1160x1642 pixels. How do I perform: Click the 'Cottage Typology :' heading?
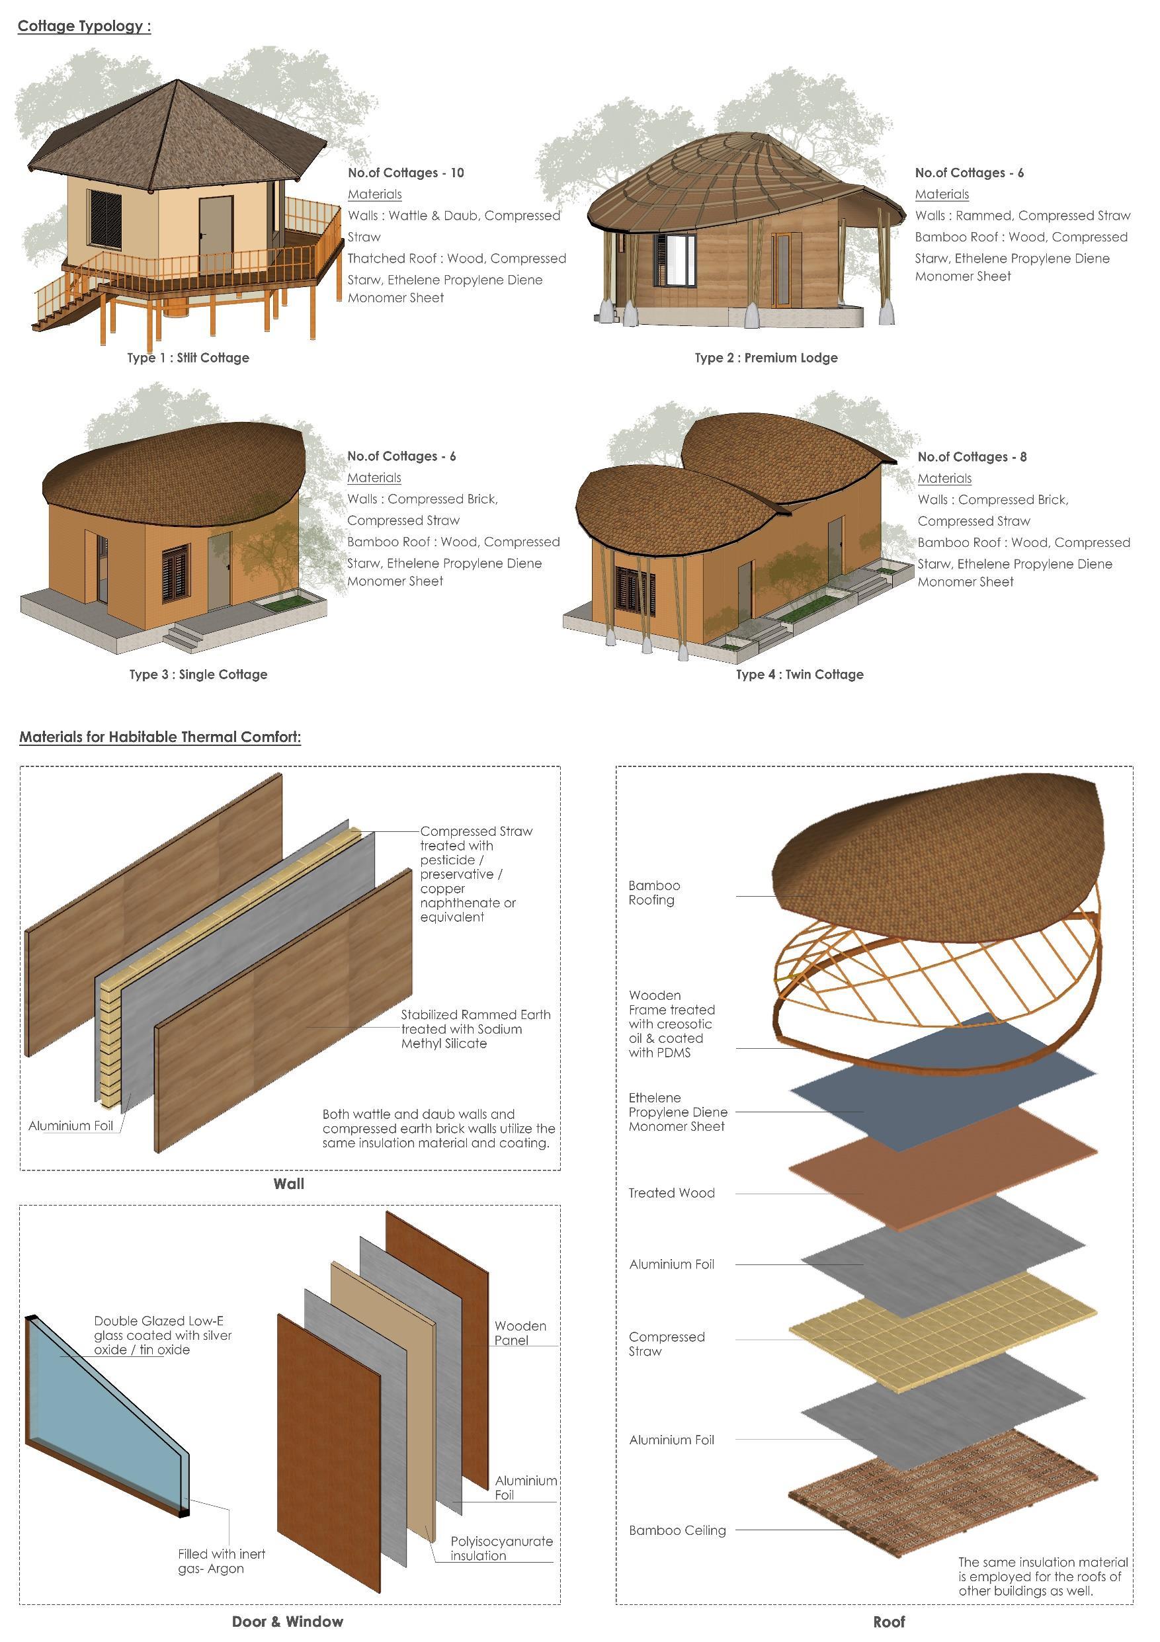[x=85, y=26]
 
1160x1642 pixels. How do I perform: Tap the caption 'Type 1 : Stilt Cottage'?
[x=188, y=358]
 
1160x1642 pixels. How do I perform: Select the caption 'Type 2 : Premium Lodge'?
[x=766, y=358]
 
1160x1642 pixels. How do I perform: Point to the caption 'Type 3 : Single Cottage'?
[x=198, y=675]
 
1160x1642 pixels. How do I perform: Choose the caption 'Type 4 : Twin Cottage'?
[x=800, y=675]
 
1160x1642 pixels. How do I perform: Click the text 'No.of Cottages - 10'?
[x=405, y=173]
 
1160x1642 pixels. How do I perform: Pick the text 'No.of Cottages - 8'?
[x=972, y=457]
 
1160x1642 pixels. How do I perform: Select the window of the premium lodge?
[x=675, y=258]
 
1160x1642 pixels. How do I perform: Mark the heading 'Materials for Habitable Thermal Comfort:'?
[x=160, y=737]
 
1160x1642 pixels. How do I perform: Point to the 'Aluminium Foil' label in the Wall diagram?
[x=71, y=1126]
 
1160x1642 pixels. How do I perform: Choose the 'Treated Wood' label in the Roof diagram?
[x=671, y=1193]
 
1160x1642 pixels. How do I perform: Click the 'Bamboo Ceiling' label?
[x=677, y=1530]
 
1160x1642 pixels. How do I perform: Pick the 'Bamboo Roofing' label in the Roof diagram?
[x=653, y=893]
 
